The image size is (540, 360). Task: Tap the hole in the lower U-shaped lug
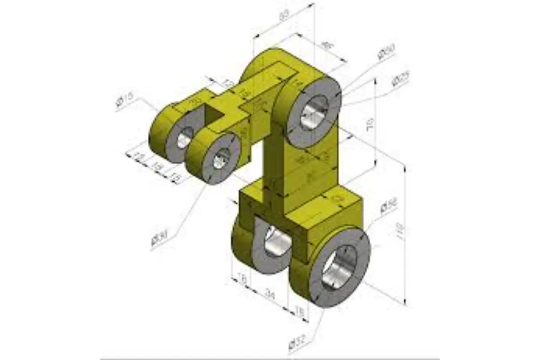click(x=275, y=241)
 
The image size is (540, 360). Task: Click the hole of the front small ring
click(x=220, y=159)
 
